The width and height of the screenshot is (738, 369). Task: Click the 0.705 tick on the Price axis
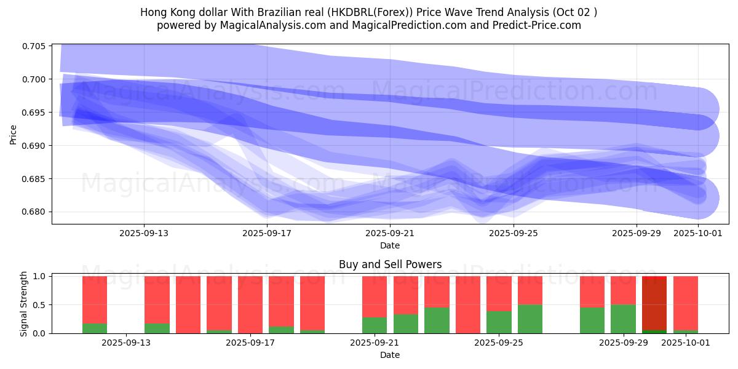tap(35, 46)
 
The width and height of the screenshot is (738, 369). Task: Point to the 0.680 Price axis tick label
tap(35, 212)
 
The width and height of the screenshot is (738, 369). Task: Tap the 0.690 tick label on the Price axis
tap(35, 146)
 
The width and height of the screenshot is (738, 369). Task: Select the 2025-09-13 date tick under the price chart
tap(144, 233)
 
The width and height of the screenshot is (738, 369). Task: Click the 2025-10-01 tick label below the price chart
tap(698, 233)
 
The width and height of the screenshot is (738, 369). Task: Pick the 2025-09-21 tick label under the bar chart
tap(375, 343)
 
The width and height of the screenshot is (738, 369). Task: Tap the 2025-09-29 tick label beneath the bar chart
tap(624, 343)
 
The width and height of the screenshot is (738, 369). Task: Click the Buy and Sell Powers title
tap(390, 265)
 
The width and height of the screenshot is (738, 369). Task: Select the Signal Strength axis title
tap(24, 303)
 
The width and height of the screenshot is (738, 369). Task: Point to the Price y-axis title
tap(14, 134)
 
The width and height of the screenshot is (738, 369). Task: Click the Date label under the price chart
tap(390, 245)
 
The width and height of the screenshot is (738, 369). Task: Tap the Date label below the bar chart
tap(390, 355)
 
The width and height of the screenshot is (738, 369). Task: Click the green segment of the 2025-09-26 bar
tap(530, 319)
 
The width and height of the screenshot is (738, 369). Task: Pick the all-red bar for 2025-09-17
tap(250, 304)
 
